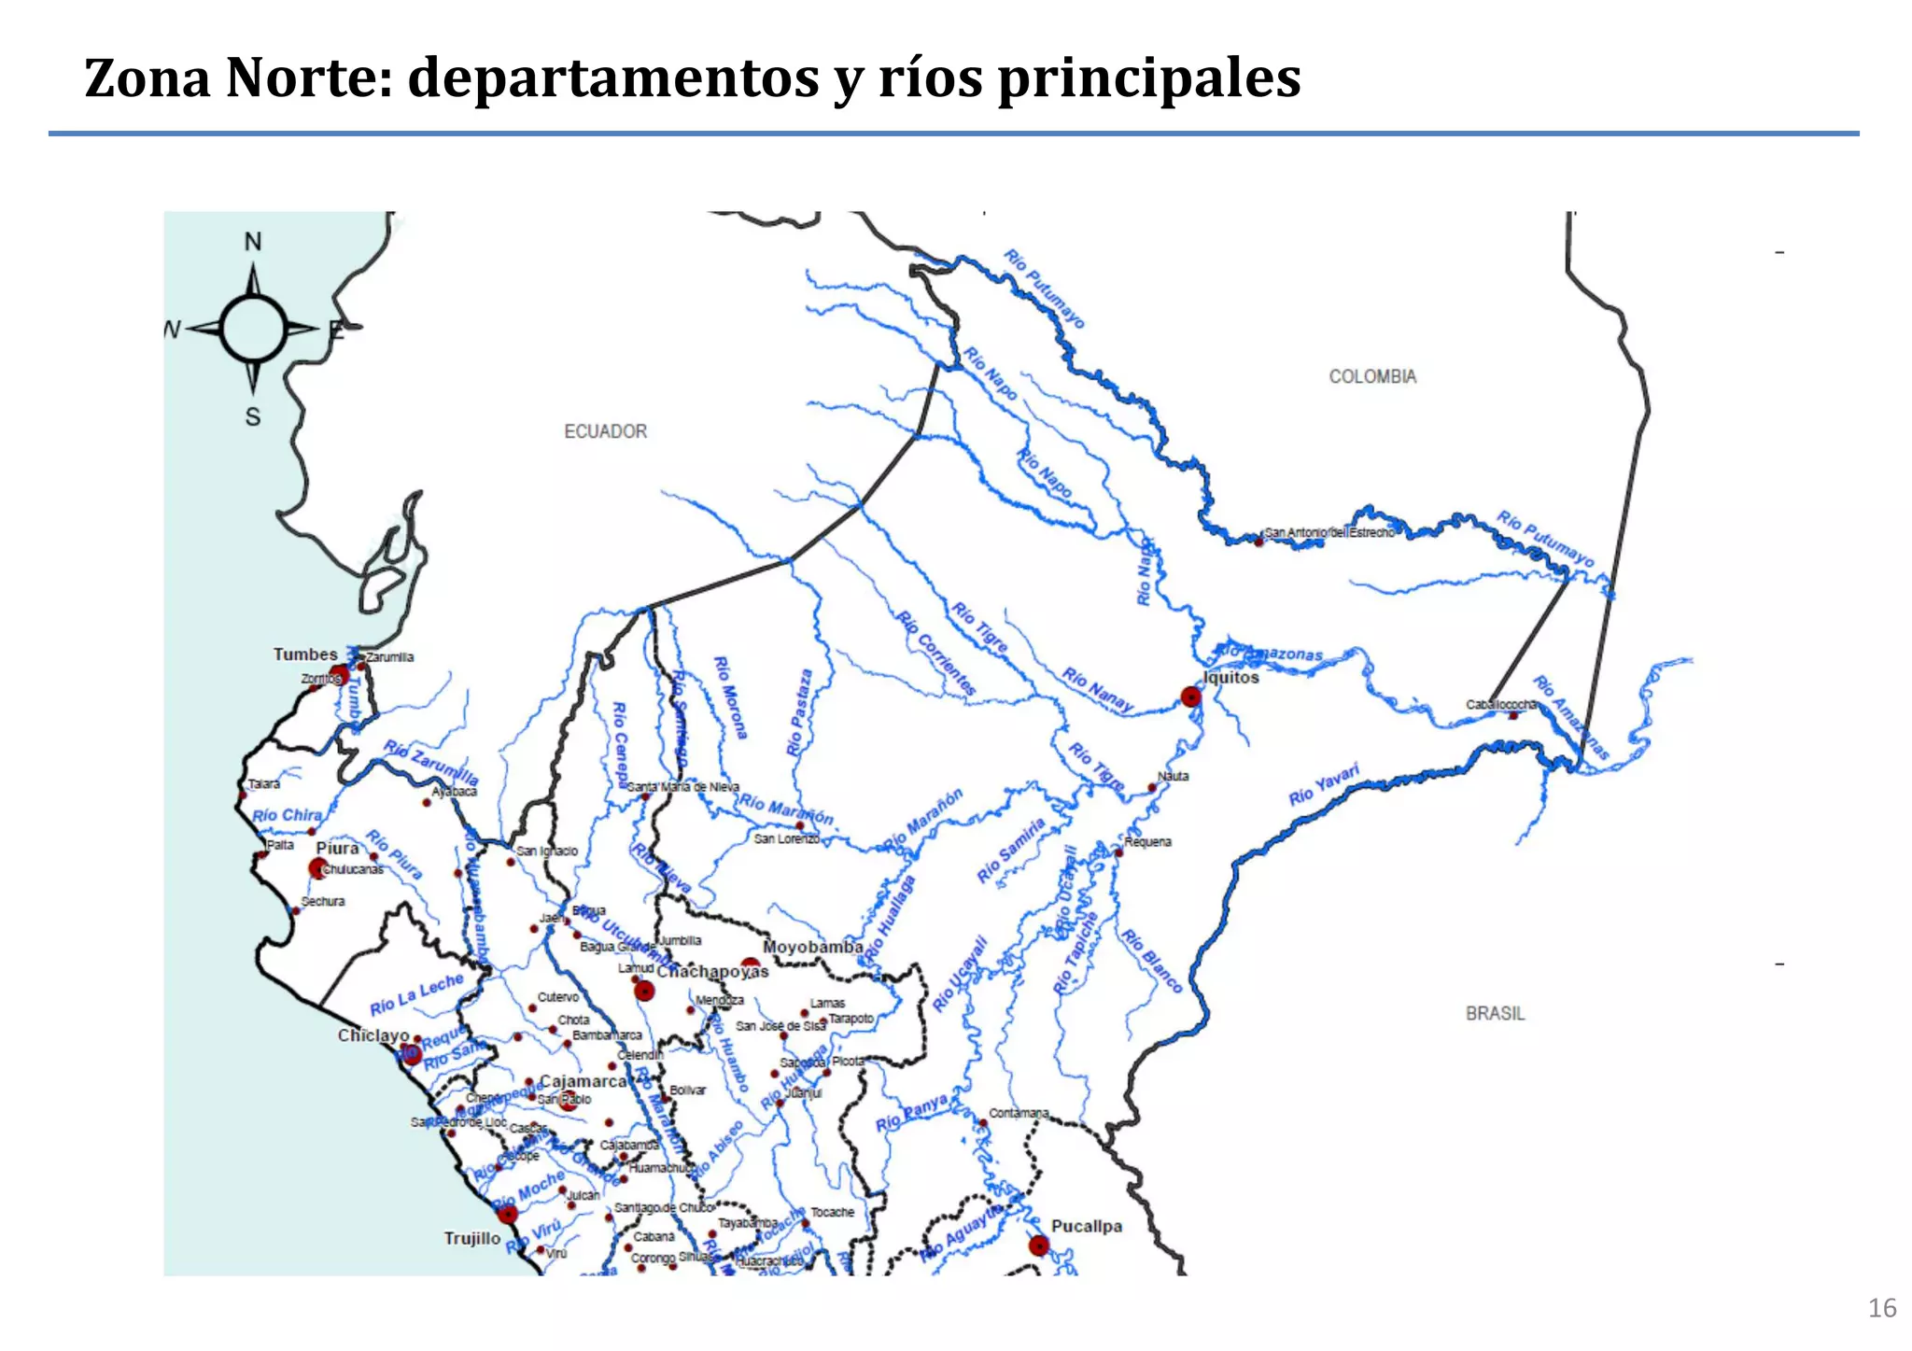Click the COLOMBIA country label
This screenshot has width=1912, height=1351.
tap(1372, 376)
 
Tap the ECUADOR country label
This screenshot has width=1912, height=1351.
tap(605, 431)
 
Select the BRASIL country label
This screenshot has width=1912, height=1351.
tap(1495, 1013)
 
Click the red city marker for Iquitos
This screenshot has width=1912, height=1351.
tap(1190, 697)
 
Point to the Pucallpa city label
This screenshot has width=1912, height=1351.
tap(1086, 1226)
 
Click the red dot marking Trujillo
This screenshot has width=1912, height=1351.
tap(508, 1214)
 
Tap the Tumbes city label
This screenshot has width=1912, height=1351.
tap(305, 654)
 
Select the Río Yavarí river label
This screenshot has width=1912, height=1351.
tap(1323, 784)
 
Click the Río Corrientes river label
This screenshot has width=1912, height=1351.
tap(936, 653)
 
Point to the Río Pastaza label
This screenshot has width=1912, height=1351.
tap(799, 711)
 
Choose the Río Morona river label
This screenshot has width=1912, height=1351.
tap(730, 697)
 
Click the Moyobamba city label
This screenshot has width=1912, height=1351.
tap(812, 947)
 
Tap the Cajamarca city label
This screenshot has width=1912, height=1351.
tap(583, 1081)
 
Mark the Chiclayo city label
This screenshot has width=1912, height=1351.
tap(373, 1035)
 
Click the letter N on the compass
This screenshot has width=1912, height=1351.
tap(253, 242)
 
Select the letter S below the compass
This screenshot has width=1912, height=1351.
tap(253, 417)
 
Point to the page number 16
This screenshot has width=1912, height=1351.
tap(1881, 1308)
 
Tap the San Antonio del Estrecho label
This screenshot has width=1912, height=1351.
tap(1329, 532)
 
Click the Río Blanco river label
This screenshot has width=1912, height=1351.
tap(1151, 961)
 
